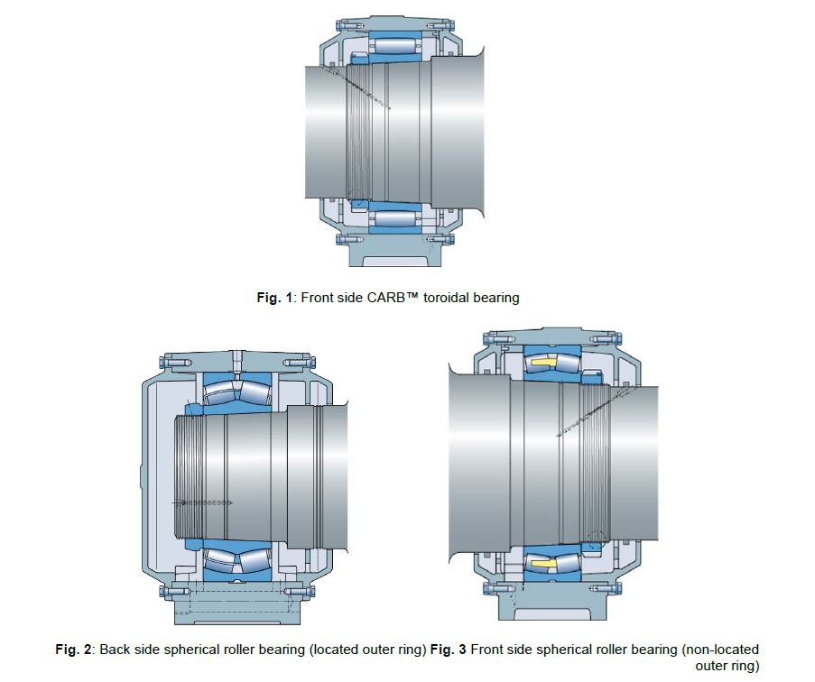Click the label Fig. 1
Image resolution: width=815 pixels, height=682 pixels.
[x=274, y=298]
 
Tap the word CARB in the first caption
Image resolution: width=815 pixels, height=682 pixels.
[x=385, y=298]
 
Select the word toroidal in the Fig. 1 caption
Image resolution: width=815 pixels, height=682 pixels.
[x=445, y=298]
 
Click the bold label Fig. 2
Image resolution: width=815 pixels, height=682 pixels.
[x=73, y=650]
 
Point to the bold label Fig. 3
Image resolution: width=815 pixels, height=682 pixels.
[x=448, y=650]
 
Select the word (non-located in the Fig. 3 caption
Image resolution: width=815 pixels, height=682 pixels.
[x=720, y=650]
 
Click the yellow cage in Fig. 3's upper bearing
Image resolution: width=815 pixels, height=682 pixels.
[x=542, y=363]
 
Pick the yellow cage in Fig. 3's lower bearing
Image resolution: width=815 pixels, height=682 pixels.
[x=542, y=564]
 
